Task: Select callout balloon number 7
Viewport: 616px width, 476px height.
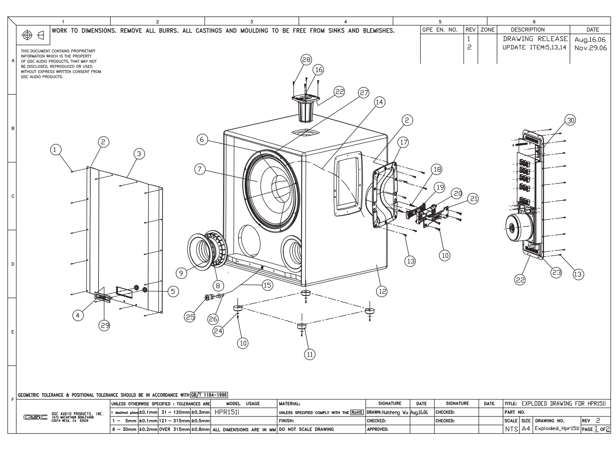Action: [200, 169]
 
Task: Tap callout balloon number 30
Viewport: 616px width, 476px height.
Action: [570, 120]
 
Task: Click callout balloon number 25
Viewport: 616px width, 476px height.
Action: [191, 317]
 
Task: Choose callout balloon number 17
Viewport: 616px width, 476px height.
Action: [403, 142]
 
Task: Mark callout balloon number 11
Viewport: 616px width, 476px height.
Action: [309, 355]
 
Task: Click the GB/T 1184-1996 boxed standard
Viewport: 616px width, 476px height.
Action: [209, 395]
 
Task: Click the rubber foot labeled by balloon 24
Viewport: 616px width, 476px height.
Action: [238, 308]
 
